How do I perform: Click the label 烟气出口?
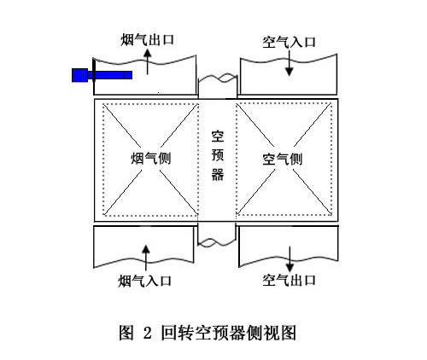click(x=147, y=40)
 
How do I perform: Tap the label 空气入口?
click(x=290, y=42)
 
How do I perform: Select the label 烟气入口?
click(x=145, y=281)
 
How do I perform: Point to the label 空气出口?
click(x=290, y=281)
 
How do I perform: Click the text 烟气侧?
click(x=151, y=158)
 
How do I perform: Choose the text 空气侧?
click(x=283, y=159)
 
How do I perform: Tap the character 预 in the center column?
click(x=218, y=155)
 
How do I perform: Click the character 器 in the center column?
click(x=218, y=174)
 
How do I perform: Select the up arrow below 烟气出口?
click(x=148, y=61)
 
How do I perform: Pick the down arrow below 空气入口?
click(x=290, y=63)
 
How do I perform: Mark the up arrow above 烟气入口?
click(x=146, y=258)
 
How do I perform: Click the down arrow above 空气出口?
click(x=290, y=259)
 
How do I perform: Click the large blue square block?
click(x=79, y=75)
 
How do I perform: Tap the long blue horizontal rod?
click(x=110, y=75)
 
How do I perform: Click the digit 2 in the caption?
click(x=148, y=333)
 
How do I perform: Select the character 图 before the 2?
click(x=126, y=333)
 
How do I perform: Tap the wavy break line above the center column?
click(x=218, y=78)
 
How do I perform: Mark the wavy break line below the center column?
click(x=217, y=242)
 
